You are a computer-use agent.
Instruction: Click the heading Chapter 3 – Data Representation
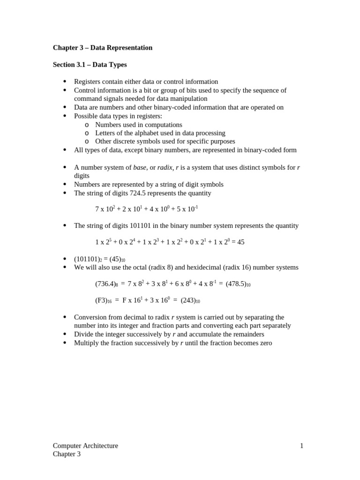tap(103, 48)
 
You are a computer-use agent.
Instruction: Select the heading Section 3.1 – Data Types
tap(90, 65)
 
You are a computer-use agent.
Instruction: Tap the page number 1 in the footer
tap(301, 446)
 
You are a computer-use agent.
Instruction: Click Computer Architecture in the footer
tap(85, 446)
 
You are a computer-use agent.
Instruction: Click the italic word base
tap(140, 167)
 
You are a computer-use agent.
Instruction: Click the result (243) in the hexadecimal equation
tap(190, 301)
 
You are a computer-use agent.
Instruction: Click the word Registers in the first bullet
tap(89, 82)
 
